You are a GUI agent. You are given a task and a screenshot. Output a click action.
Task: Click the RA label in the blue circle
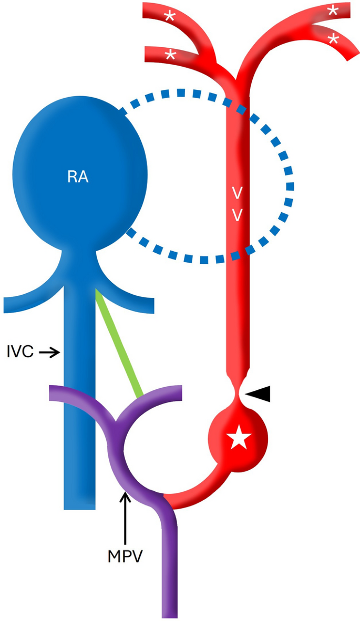click(x=77, y=177)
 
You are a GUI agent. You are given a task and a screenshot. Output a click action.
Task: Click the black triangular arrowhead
click(x=259, y=392)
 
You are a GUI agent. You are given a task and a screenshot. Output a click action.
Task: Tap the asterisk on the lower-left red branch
click(x=169, y=55)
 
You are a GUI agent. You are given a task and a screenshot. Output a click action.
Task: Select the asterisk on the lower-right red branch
click(x=332, y=38)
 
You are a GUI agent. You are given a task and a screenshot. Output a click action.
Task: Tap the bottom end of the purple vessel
click(x=169, y=612)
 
